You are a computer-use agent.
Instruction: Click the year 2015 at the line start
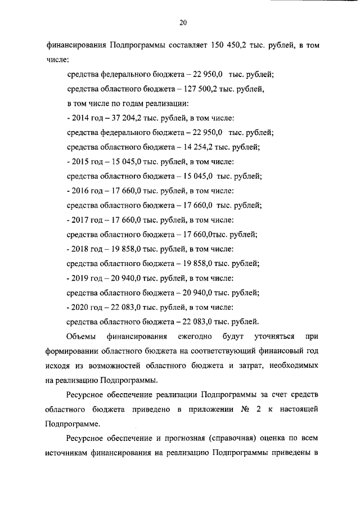pyautogui.click(x=79, y=162)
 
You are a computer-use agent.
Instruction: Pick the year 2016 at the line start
pyautogui.click(x=79, y=191)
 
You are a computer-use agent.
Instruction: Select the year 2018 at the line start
pyautogui.click(x=79, y=249)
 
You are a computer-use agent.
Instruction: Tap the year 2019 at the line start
pyautogui.click(x=79, y=278)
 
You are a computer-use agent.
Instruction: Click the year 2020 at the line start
pyautogui.click(x=79, y=307)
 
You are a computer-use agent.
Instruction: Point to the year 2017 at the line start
pyautogui.click(x=79, y=220)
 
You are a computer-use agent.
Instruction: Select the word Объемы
pyautogui.click(x=79, y=336)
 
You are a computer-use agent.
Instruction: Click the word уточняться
pyautogui.click(x=274, y=336)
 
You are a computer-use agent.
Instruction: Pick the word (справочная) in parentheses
pyautogui.click(x=246, y=438)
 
